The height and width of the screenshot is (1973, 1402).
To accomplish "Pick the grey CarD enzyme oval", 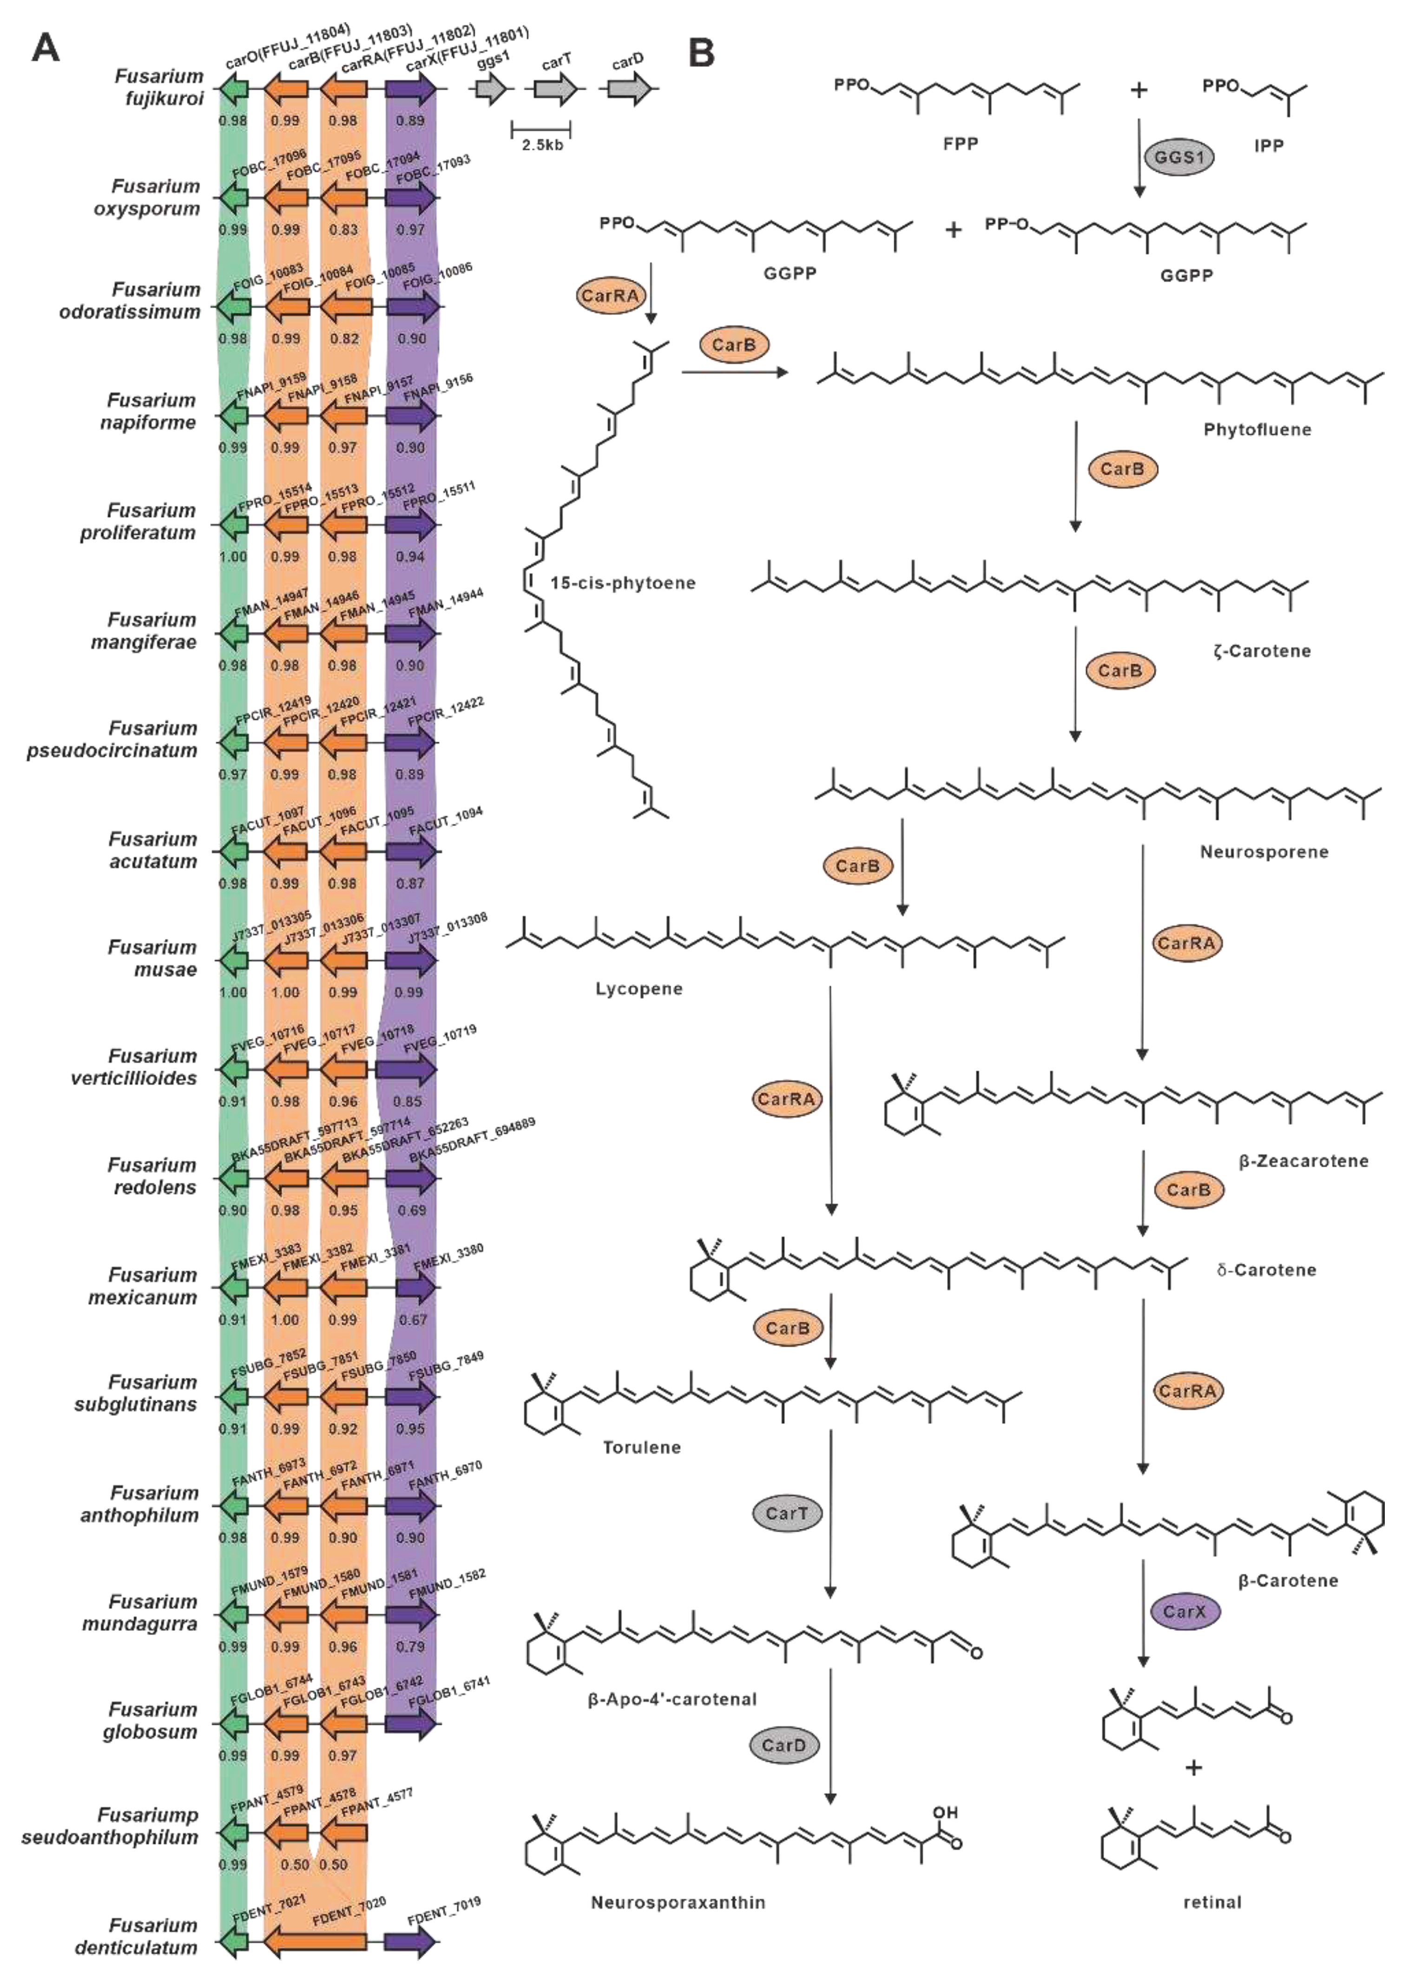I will [x=784, y=1745].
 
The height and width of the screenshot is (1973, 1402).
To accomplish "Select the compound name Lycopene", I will [x=639, y=989].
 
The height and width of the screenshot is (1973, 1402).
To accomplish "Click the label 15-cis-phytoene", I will [x=622, y=583].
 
